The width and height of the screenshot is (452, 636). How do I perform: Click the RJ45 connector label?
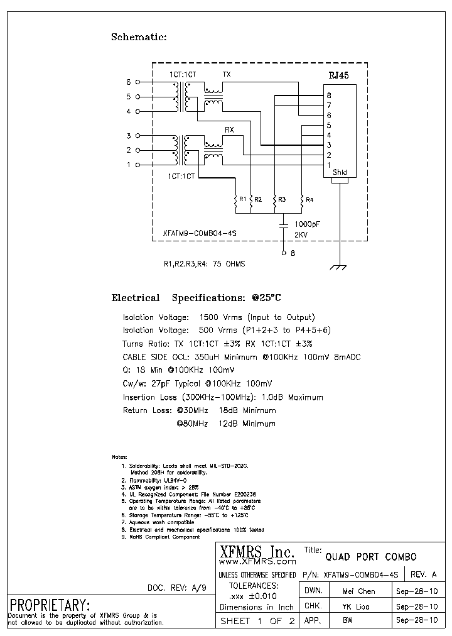[338, 75]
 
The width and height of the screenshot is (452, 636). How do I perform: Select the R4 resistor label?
[309, 199]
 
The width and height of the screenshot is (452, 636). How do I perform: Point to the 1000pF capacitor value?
[307, 224]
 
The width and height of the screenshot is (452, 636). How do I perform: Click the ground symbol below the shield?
[340, 268]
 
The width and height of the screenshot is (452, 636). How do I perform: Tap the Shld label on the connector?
[340, 172]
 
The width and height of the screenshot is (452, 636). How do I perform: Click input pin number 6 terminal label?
[129, 82]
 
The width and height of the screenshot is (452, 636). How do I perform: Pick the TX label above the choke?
[227, 74]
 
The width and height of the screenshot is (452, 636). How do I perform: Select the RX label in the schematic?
[229, 130]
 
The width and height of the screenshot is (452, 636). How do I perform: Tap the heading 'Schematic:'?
[139, 37]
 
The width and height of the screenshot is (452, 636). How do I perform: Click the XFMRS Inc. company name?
[257, 551]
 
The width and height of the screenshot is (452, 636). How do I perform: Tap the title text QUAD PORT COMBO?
[370, 557]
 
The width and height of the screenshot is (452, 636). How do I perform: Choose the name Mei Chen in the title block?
[358, 591]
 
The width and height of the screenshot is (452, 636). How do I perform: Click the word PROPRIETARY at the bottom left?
[49, 605]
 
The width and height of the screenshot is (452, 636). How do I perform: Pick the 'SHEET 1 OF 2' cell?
[257, 622]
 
